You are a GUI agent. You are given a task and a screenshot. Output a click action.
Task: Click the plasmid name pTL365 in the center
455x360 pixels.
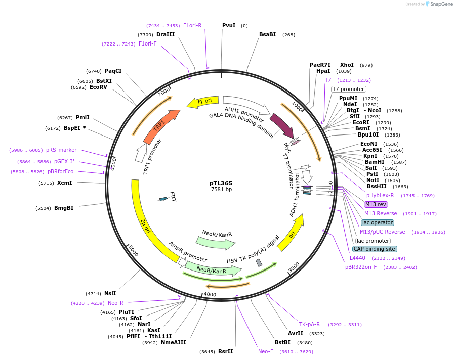[x=221, y=183]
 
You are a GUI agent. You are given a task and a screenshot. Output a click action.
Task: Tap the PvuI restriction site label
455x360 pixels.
[x=229, y=25]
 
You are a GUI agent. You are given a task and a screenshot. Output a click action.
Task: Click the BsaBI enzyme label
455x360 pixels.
[x=267, y=34]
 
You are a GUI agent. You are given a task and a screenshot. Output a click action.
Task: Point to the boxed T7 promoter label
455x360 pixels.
[x=348, y=89]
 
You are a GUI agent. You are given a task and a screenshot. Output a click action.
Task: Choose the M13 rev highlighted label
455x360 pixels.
[x=376, y=204]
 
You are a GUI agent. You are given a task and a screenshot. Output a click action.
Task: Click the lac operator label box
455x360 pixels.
[x=378, y=222]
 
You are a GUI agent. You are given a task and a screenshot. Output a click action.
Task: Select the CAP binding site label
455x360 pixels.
[x=375, y=249]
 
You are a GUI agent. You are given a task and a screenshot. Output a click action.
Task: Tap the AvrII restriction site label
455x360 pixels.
[x=296, y=333]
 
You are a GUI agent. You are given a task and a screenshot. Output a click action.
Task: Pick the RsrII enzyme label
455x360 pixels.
[x=226, y=351]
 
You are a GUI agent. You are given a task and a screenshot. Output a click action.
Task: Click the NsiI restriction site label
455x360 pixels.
[x=110, y=293]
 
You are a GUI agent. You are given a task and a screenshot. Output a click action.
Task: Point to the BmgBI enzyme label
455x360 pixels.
[x=64, y=208]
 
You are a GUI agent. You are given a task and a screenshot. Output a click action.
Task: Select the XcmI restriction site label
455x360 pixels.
[x=65, y=183]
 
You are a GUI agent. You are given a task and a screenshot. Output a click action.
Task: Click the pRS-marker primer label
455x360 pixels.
[x=61, y=150]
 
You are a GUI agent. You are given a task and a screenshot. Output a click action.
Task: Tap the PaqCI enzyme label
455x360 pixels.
[x=113, y=71]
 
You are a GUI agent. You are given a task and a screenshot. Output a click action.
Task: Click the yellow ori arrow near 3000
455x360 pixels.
[x=290, y=232]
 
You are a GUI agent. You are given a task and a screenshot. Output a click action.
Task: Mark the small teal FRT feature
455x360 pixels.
[x=163, y=199]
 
